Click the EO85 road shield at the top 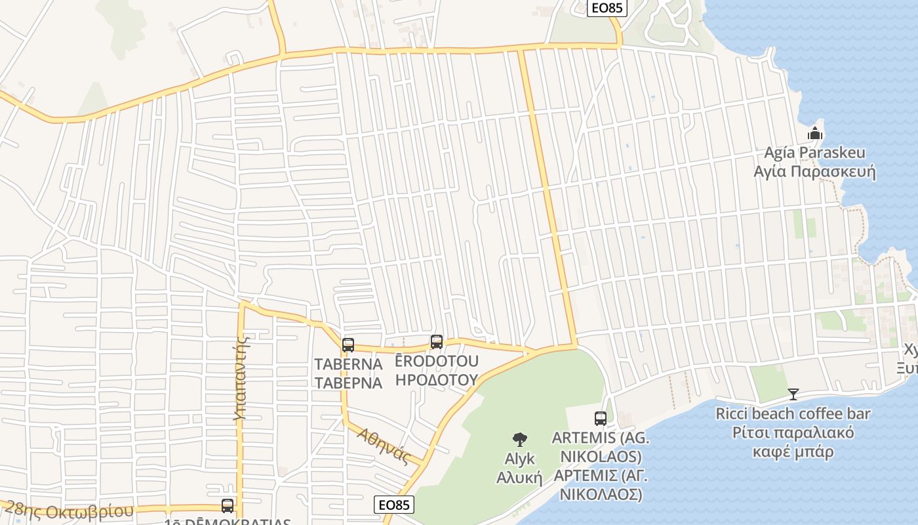tap(607, 8)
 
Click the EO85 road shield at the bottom tap(395, 504)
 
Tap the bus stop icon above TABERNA tap(348, 345)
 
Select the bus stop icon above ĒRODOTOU tap(437, 341)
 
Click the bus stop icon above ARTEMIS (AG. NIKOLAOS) tap(600, 418)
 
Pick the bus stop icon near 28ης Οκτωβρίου tap(228, 505)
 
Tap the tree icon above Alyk tap(519, 440)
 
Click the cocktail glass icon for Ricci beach tap(793, 394)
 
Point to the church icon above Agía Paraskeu tap(815, 133)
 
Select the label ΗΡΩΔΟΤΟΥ tap(437, 379)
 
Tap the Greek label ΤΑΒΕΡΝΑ tap(348, 383)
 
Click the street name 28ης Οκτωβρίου tap(68, 511)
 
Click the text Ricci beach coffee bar tap(793, 413)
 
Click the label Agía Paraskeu tap(815, 153)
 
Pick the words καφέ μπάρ tap(793, 451)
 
